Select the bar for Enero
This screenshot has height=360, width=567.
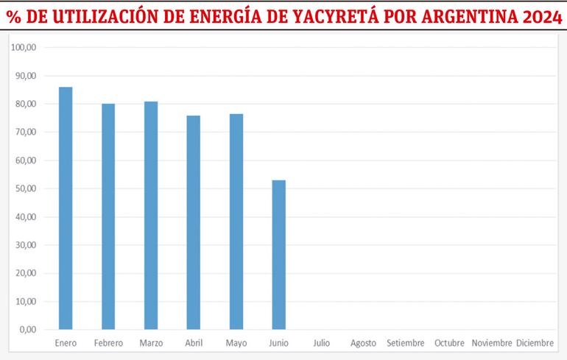pos(66,208)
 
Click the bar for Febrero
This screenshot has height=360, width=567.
pos(108,216)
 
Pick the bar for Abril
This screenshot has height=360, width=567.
pos(194,222)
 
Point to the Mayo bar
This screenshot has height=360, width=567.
pos(236,222)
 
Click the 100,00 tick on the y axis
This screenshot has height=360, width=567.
pos(26,48)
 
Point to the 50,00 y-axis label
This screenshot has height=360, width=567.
pos(27,189)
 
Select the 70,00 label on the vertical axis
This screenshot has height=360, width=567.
pos(27,133)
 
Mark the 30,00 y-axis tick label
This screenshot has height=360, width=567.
pos(27,245)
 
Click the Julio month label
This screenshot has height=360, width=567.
pos(322,343)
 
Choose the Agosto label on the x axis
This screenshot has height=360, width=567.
pos(364,343)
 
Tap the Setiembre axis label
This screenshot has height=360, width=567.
pos(406,343)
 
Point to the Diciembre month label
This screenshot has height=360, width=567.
pos(535,343)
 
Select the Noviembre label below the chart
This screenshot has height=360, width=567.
pos(492,343)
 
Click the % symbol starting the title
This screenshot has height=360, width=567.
pos(13,15)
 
